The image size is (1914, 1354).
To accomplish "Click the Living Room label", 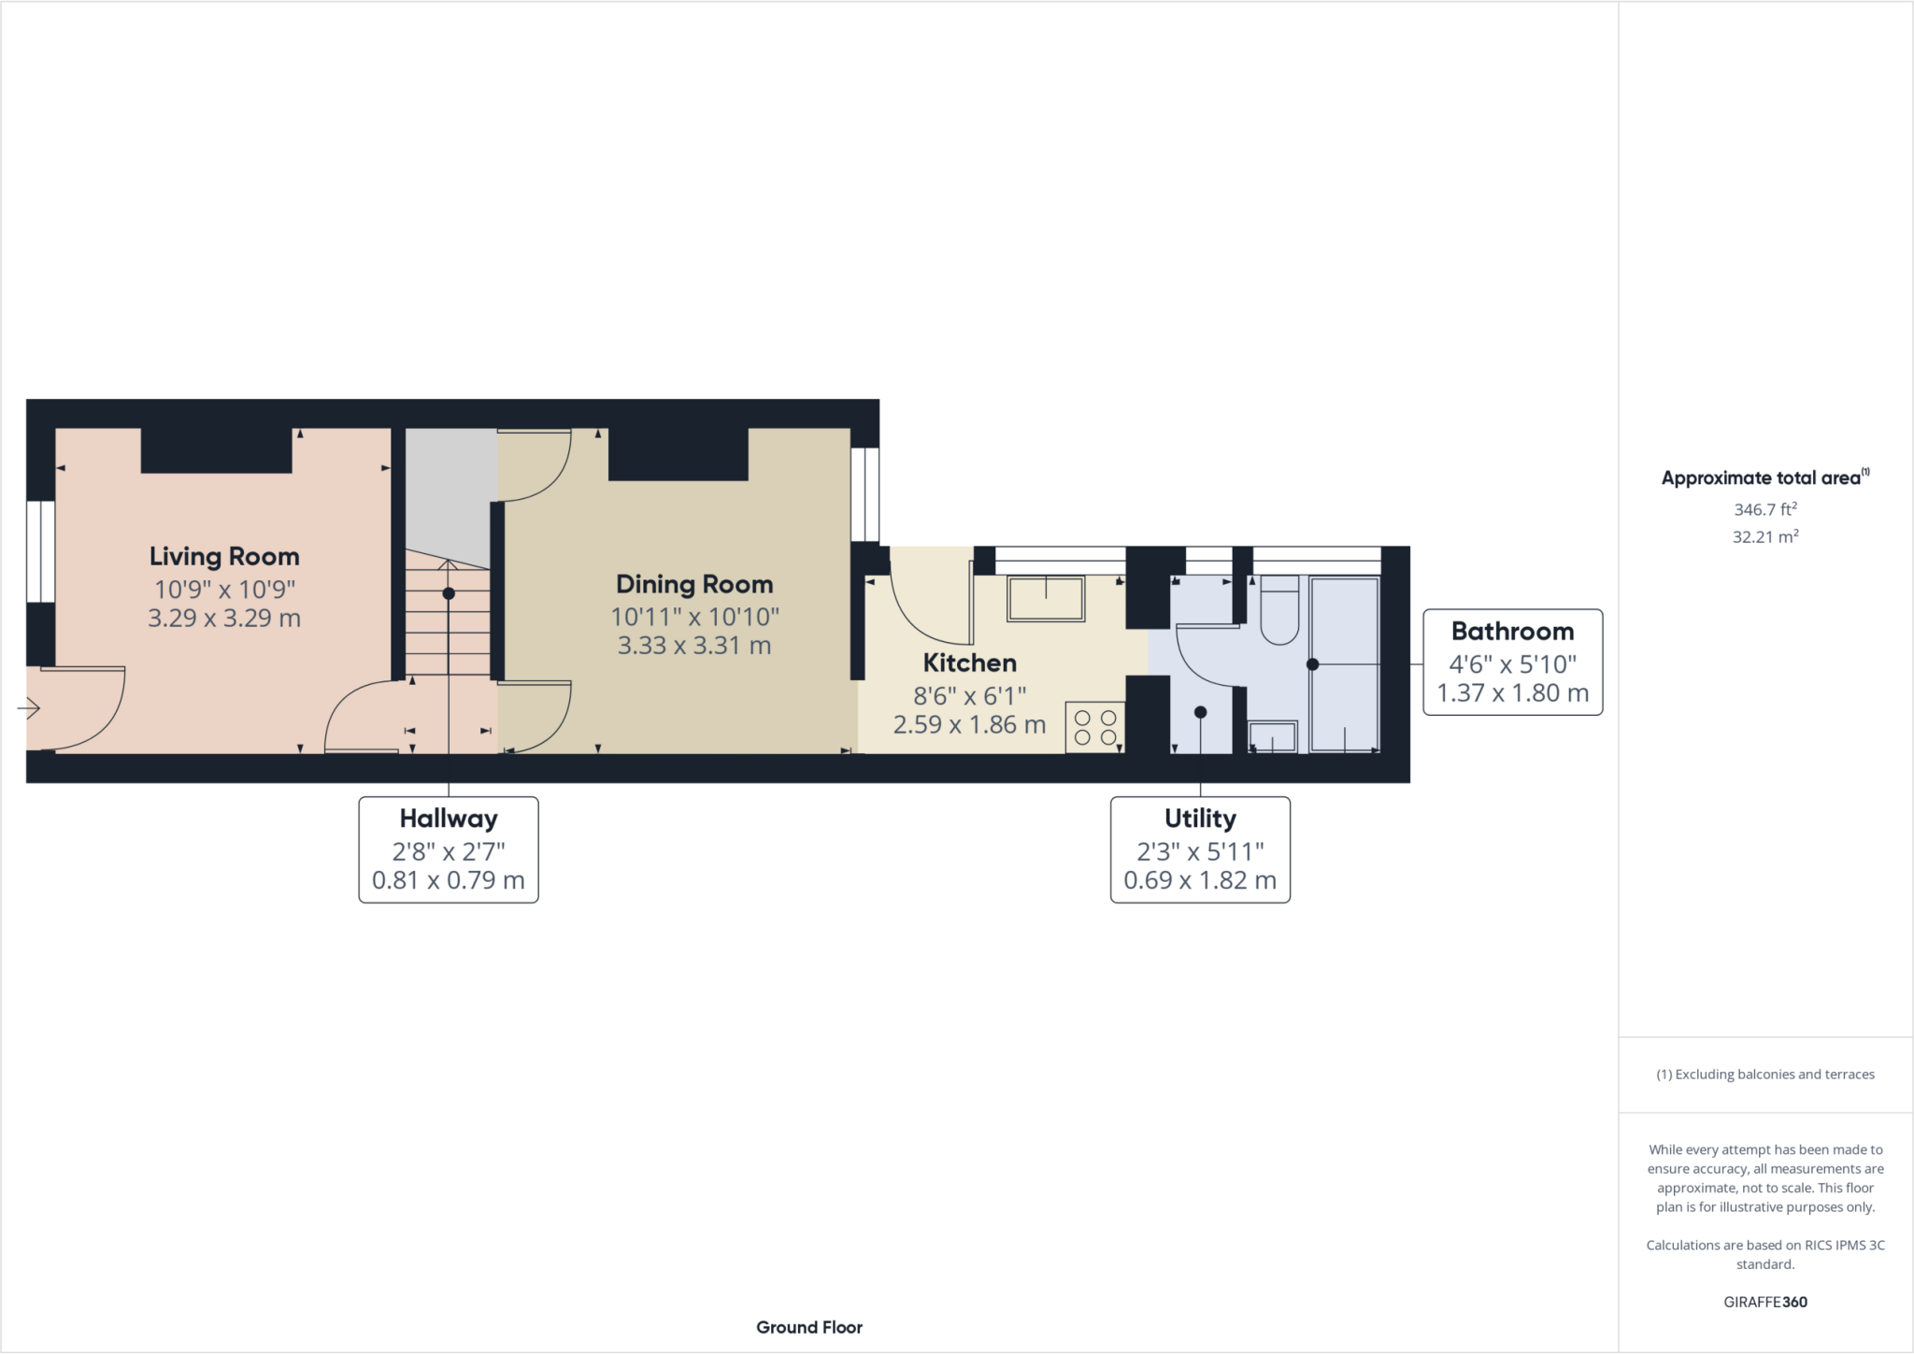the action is point(224,557).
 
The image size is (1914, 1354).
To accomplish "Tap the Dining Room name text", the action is point(694,585).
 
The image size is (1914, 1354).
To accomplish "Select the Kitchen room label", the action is point(969,663).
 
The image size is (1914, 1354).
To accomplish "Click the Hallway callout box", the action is point(449,849).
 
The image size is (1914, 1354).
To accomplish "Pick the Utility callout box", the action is point(1200,849).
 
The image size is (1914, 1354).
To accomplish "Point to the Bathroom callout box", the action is point(1513,663).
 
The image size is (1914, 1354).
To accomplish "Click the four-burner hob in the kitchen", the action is point(1095,727).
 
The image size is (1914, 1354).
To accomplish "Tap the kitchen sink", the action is point(1046,599).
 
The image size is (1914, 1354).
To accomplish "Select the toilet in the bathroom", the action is point(1279,610).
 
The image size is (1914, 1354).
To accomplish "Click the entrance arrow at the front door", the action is point(29,709).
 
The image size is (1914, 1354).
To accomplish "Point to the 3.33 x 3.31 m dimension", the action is point(694,646).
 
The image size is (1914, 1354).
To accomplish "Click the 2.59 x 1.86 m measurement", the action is point(969,725).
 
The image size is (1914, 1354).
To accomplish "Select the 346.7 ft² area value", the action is point(1765,509).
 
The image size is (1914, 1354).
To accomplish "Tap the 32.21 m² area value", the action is point(1765,536).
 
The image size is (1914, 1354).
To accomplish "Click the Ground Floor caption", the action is point(809,1327).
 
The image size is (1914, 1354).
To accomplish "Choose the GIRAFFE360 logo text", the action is point(1765,1302).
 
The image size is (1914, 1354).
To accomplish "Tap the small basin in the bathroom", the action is point(1273,737).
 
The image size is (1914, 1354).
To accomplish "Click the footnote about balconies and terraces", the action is point(1765,1075).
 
